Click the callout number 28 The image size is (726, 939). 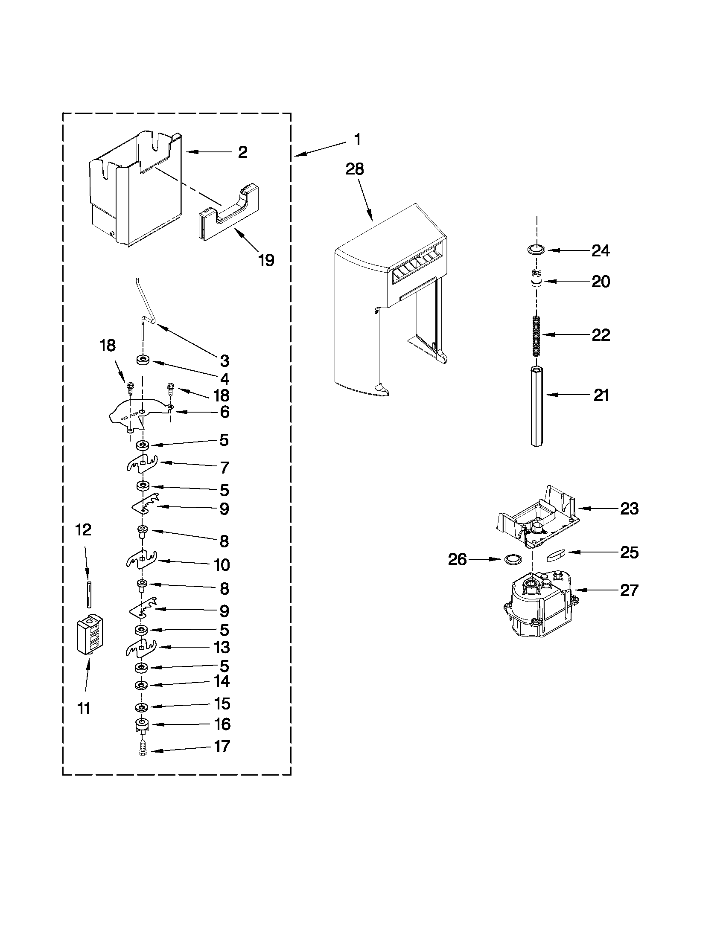click(355, 169)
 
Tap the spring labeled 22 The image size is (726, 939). click(536, 335)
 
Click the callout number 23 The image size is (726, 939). click(629, 509)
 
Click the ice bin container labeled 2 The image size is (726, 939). click(133, 189)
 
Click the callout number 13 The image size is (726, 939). click(222, 659)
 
